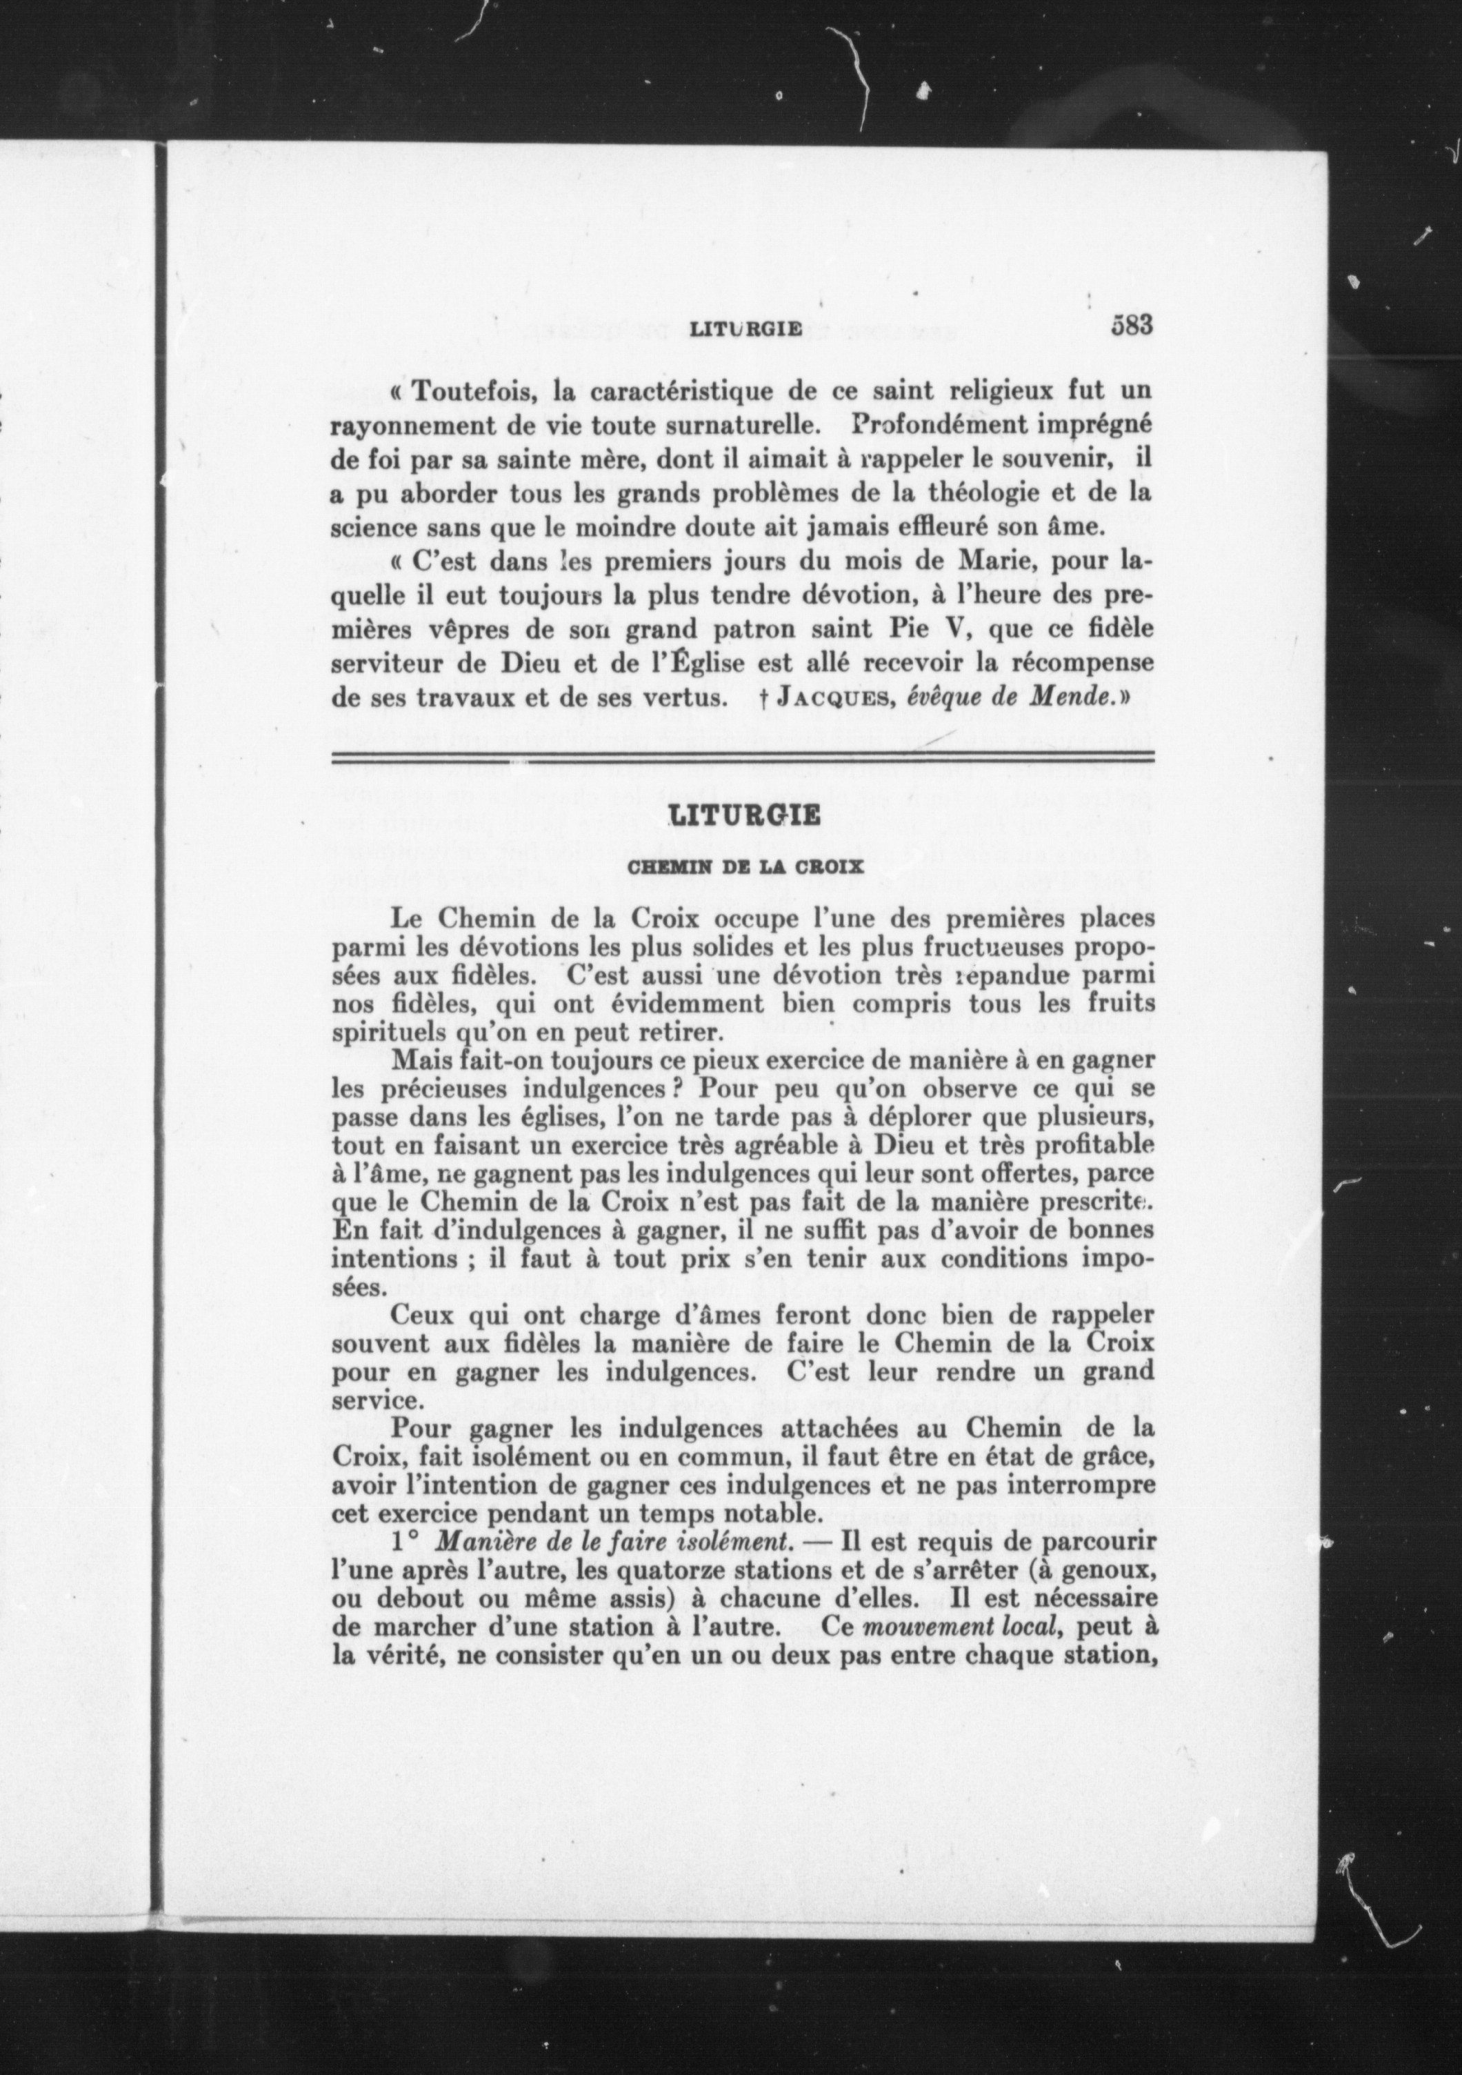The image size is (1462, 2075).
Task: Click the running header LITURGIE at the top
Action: tap(745, 329)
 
